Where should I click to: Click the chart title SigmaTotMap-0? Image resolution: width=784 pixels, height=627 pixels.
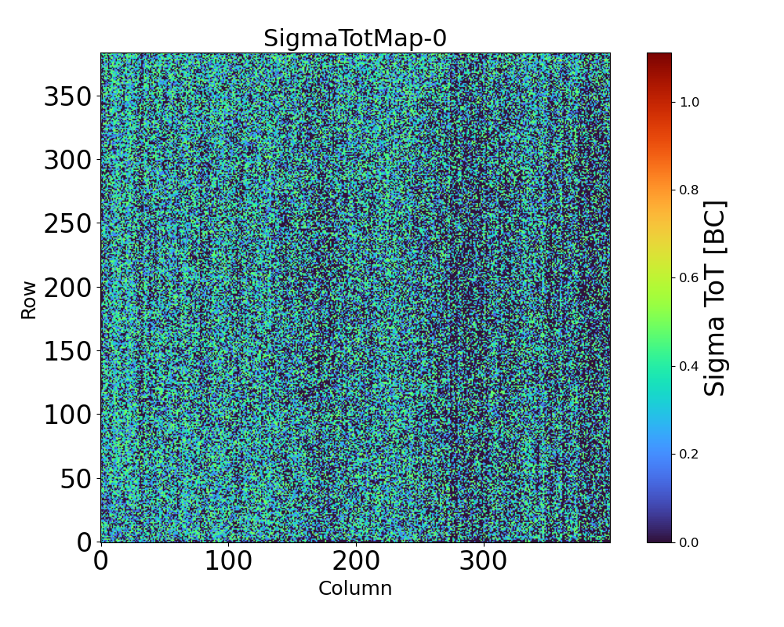pyautogui.click(x=355, y=38)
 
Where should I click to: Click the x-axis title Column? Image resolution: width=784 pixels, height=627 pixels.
pyautogui.click(x=355, y=589)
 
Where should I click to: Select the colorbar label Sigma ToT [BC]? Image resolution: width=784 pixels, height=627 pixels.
pyautogui.click(x=714, y=298)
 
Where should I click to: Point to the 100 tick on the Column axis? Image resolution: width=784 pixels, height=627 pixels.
pyautogui.click(x=228, y=561)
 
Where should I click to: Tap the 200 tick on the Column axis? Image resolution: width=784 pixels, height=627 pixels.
pyautogui.click(x=356, y=561)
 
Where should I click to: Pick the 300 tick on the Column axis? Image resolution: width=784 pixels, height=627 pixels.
pyautogui.click(x=483, y=561)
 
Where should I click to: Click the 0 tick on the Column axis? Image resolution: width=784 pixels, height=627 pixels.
pyautogui.click(x=101, y=561)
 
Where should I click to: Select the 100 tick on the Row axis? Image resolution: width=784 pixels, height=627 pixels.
pyautogui.click(x=68, y=415)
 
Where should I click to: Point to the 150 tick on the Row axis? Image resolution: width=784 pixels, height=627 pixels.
pyautogui.click(x=68, y=351)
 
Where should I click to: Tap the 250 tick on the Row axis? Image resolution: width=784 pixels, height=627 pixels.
pyautogui.click(x=68, y=223)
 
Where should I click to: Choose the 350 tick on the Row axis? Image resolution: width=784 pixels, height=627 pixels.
pyautogui.click(x=68, y=96)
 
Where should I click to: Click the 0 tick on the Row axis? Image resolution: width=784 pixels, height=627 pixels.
pyautogui.click(x=85, y=542)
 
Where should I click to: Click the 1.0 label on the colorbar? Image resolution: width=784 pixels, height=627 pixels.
pyautogui.click(x=689, y=102)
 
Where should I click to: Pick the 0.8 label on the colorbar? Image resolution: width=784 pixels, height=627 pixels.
pyautogui.click(x=689, y=190)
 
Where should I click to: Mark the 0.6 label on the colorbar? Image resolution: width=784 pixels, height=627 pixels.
pyautogui.click(x=689, y=278)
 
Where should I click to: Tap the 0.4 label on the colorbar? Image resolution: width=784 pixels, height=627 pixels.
pyautogui.click(x=689, y=366)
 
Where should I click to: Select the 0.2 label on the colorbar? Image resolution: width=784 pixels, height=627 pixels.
pyautogui.click(x=689, y=455)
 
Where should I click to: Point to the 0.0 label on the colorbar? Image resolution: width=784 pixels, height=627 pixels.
pyautogui.click(x=689, y=542)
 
